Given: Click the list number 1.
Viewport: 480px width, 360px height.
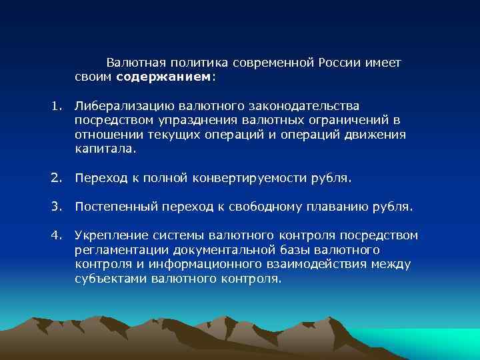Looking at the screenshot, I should pos(57,105).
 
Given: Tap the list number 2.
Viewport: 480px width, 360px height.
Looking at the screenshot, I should pos(57,178).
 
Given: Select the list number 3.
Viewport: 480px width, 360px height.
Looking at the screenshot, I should pos(57,207).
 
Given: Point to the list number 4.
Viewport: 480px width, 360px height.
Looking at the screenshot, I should pos(57,235).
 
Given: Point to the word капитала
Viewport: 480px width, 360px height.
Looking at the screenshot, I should pos(105,149).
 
